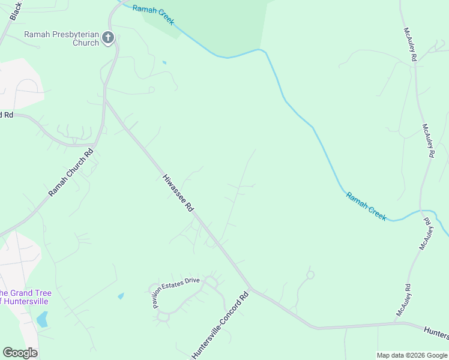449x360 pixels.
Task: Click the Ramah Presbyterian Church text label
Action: coord(61,38)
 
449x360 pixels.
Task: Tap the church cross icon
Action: coord(108,38)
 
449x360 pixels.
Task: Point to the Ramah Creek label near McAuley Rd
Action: coord(366,206)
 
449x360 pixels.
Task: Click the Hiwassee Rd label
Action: coord(178,193)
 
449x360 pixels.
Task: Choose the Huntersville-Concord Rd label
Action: coord(220,325)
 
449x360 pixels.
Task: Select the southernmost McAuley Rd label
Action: coord(403,300)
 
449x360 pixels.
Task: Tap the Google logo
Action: coord(20,352)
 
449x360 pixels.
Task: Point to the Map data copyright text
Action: coord(412,355)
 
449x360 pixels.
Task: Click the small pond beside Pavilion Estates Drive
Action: coord(121,296)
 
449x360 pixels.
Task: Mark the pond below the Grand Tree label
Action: coord(42,319)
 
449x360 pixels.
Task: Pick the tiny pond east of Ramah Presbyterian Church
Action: coord(164,62)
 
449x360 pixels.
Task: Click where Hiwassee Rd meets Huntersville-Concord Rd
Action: coord(252,289)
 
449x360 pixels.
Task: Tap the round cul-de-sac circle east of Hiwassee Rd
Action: coord(310,275)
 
